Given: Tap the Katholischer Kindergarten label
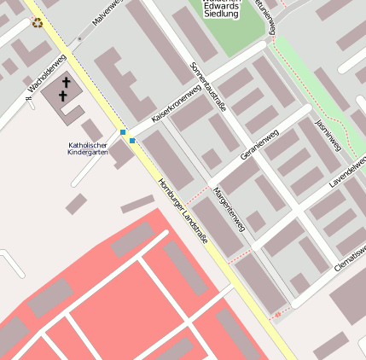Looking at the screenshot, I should [x=88, y=148].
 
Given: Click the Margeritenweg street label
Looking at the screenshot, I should [x=229, y=208].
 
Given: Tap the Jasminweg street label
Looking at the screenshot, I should [x=328, y=135].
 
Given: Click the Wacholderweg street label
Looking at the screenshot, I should [x=46, y=75].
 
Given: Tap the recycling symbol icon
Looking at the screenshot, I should [x=37, y=22].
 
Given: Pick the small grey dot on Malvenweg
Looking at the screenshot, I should [x=79, y=39].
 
